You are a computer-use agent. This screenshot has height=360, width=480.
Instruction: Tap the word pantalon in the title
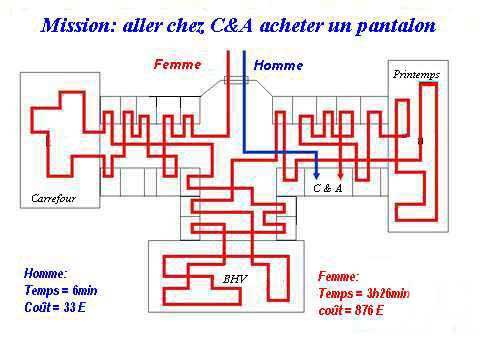pyautogui.click(x=396, y=26)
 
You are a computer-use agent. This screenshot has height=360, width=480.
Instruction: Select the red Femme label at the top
pyautogui.click(x=178, y=64)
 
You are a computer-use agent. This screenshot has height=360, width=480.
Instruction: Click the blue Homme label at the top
pyautogui.click(x=278, y=65)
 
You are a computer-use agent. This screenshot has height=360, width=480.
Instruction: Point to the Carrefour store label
pyautogui.click(x=53, y=198)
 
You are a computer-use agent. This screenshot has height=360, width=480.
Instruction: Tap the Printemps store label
pyautogui.click(x=416, y=74)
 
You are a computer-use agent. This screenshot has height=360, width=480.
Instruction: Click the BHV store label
pyautogui.click(x=235, y=279)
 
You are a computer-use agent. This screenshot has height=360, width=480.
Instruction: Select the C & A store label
pyautogui.click(x=328, y=188)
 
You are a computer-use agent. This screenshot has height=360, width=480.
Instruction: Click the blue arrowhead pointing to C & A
pyautogui.click(x=317, y=175)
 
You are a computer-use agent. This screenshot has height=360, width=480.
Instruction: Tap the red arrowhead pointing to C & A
pyautogui.click(x=340, y=175)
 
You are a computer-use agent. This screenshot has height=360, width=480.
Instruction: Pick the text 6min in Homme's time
pyautogui.click(x=85, y=290)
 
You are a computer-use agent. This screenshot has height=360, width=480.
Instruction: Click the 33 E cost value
pyautogui.click(x=75, y=307)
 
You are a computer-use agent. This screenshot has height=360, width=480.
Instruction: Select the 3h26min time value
pyautogui.click(x=388, y=293)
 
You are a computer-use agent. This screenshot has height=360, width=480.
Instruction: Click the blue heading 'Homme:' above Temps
pyautogui.click(x=45, y=274)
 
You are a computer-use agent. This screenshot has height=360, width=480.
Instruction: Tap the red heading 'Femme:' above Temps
pyautogui.click(x=339, y=276)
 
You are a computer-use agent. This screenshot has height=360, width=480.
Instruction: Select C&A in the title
pyautogui.click(x=232, y=26)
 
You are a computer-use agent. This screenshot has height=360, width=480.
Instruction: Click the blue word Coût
pyautogui.click(x=37, y=307)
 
